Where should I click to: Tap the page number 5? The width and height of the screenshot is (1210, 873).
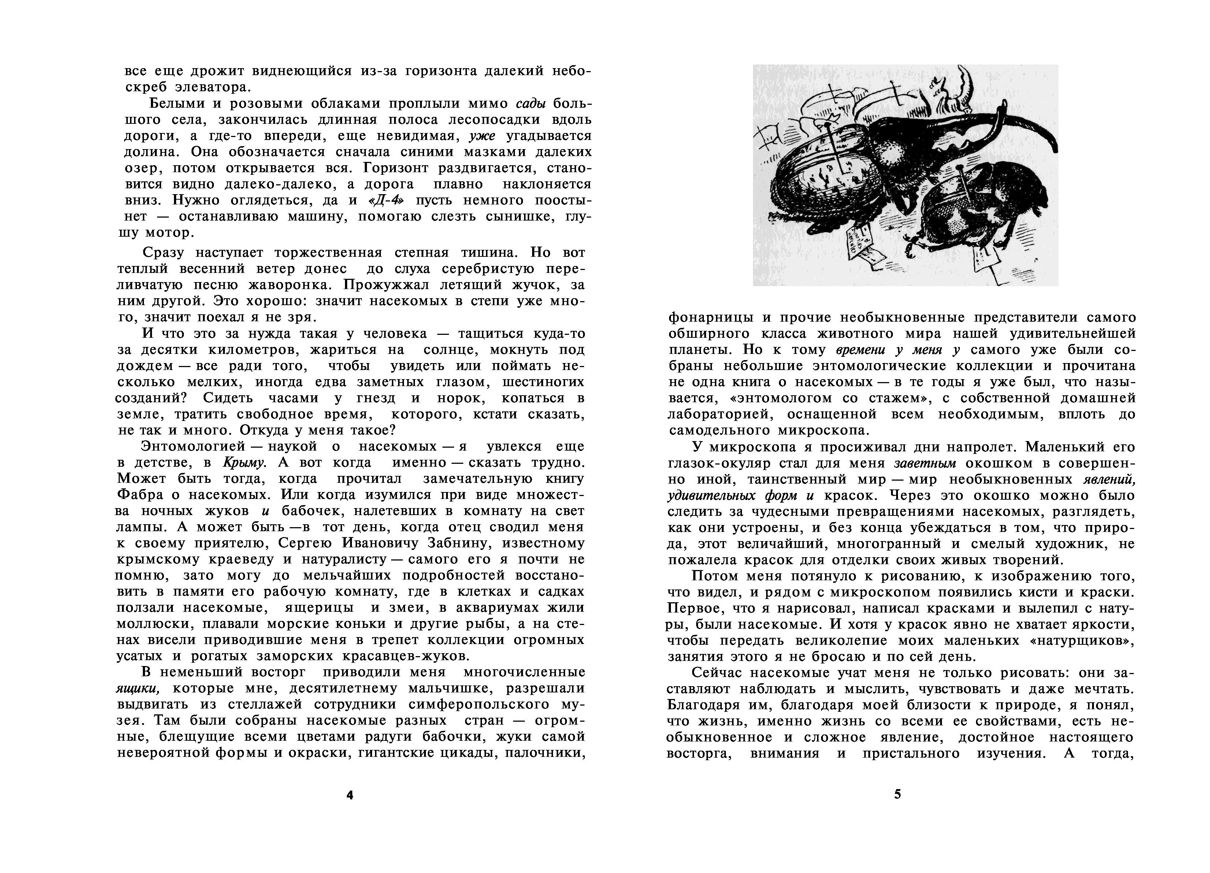tap(897, 794)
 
